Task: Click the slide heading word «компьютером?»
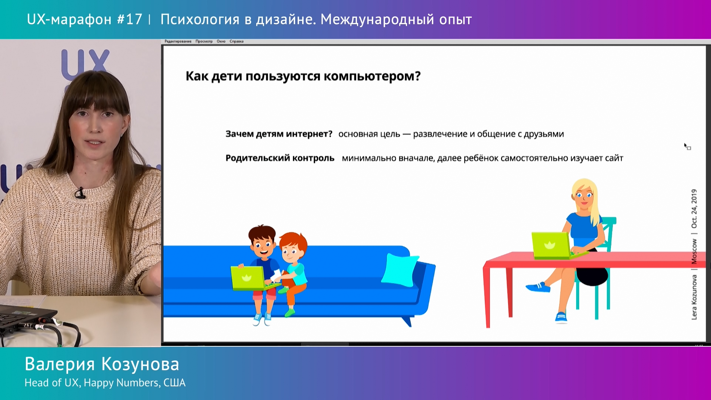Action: pyautogui.click(x=372, y=76)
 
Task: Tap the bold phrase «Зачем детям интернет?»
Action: pyautogui.click(x=279, y=134)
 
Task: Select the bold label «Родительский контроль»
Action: pyautogui.click(x=280, y=158)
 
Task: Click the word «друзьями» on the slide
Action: pyautogui.click(x=544, y=134)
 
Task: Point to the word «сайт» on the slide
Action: pyautogui.click(x=614, y=158)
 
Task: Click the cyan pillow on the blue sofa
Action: pyautogui.click(x=400, y=270)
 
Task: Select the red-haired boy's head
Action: pyautogui.click(x=293, y=246)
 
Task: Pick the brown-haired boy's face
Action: pyautogui.click(x=263, y=246)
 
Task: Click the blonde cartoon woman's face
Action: pyautogui.click(x=584, y=195)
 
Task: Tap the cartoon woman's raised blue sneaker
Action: pyautogui.click(x=538, y=287)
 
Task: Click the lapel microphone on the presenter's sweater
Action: pyautogui.click(x=80, y=193)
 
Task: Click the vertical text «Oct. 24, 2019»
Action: pyautogui.click(x=694, y=209)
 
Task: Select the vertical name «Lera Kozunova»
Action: pyautogui.click(x=694, y=297)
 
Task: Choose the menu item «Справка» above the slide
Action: pyautogui.click(x=237, y=41)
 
